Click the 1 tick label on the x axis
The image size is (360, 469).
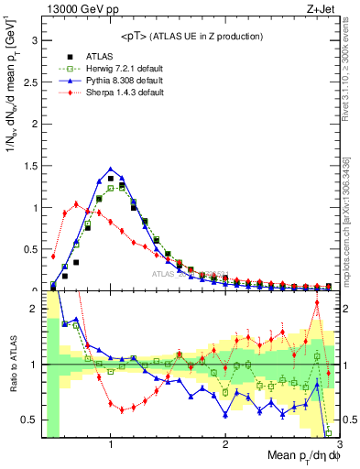tap(111, 444)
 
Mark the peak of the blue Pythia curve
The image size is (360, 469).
tap(111, 169)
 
